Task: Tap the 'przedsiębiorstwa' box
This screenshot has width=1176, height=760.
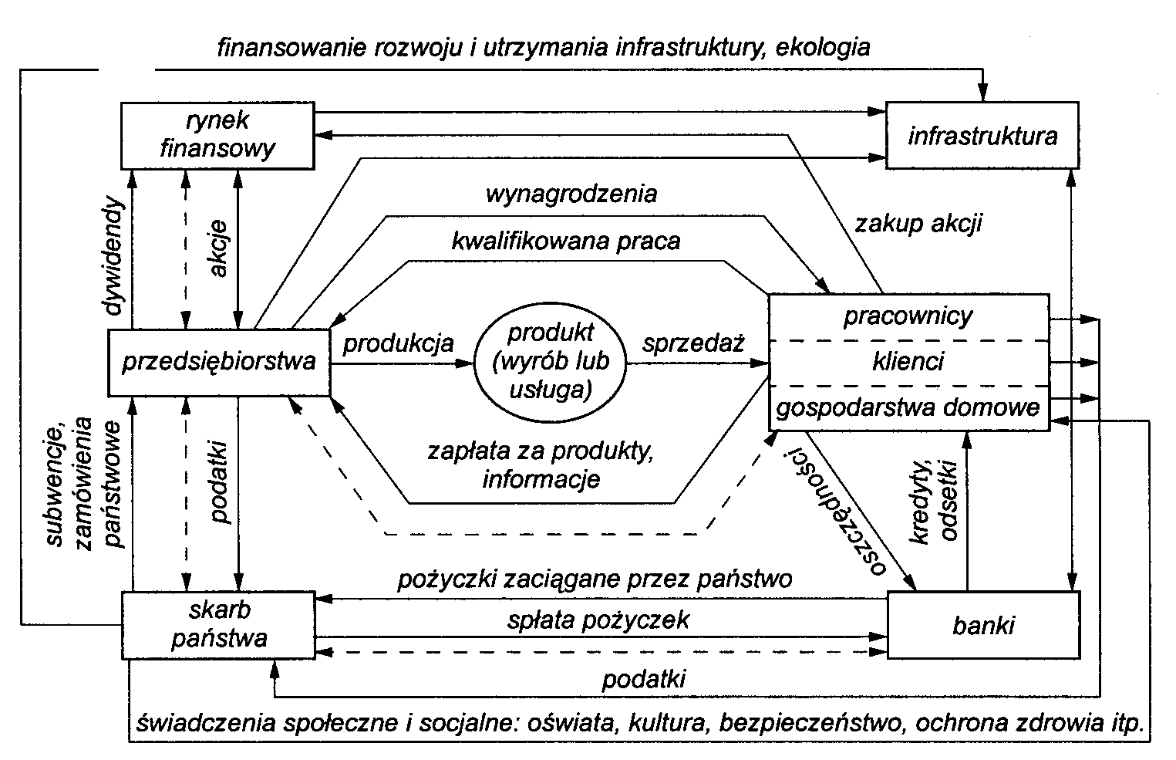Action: [220, 361]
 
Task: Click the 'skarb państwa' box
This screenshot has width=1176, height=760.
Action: [219, 624]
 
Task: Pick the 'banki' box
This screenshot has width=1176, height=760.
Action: [983, 624]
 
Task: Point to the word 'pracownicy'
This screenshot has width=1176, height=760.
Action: [908, 316]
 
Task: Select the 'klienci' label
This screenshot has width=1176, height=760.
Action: [908, 360]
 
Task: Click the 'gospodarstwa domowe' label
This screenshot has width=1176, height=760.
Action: [908, 407]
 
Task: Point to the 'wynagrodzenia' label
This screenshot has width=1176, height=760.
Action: [571, 193]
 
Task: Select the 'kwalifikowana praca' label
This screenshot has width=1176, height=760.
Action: [567, 241]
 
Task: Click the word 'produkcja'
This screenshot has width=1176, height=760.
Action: [398, 343]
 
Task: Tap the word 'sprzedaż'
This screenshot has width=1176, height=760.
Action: [694, 343]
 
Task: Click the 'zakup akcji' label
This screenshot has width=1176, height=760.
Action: [918, 224]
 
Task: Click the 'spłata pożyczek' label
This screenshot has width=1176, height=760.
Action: [598, 619]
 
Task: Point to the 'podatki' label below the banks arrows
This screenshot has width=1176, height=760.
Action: [644, 679]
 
